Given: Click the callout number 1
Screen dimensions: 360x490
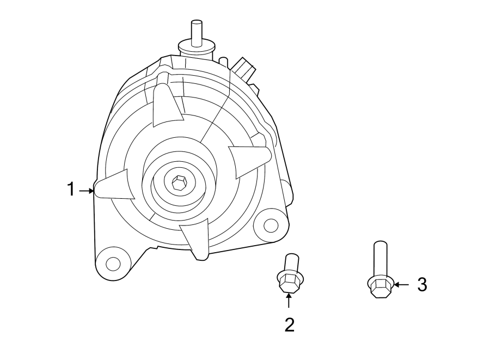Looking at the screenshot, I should pyautogui.click(x=70, y=190).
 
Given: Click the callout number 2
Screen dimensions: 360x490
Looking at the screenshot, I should pyautogui.click(x=290, y=325).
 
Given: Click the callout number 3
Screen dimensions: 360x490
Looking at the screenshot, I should pyautogui.click(x=422, y=284).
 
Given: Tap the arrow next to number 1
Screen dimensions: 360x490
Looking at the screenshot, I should pyautogui.click(x=86, y=191).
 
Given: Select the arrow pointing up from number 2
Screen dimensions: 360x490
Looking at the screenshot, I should pyautogui.click(x=289, y=300).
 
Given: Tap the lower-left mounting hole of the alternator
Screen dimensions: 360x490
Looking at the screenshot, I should pyautogui.click(x=113, y=264).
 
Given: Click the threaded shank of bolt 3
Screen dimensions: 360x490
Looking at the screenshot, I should pyautogui.click(x=380, y=259).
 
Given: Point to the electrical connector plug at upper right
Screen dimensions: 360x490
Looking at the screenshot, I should pyautogui.click(x=245, y=70).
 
